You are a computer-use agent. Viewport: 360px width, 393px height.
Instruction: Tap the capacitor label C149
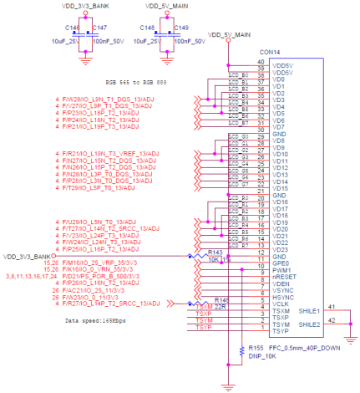pos(181,28)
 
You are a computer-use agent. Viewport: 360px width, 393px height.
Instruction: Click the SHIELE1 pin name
pos(308,310)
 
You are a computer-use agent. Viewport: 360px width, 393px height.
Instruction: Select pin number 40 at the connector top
pos(261,63)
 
